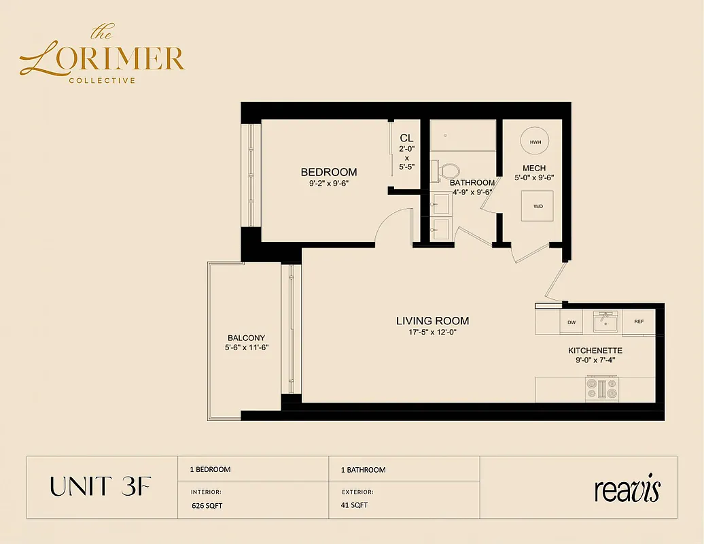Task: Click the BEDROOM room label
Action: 329,172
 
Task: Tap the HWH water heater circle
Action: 535,141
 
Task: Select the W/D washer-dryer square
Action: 538,205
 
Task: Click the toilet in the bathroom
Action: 448,170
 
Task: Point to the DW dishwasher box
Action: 570,322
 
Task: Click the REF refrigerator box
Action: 639,322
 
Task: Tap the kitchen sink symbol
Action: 604,322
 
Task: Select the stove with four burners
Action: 601,388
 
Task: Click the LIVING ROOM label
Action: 433,321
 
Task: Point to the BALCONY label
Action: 246,338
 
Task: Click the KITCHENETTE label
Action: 595,351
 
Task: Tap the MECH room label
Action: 534,169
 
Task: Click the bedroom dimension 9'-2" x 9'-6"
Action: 329,183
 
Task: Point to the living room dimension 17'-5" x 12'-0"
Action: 433,333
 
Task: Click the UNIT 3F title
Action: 100,487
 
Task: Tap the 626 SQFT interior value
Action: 207,505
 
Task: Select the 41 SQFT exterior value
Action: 354,505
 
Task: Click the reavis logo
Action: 627,489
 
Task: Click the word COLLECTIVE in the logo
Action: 102,80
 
